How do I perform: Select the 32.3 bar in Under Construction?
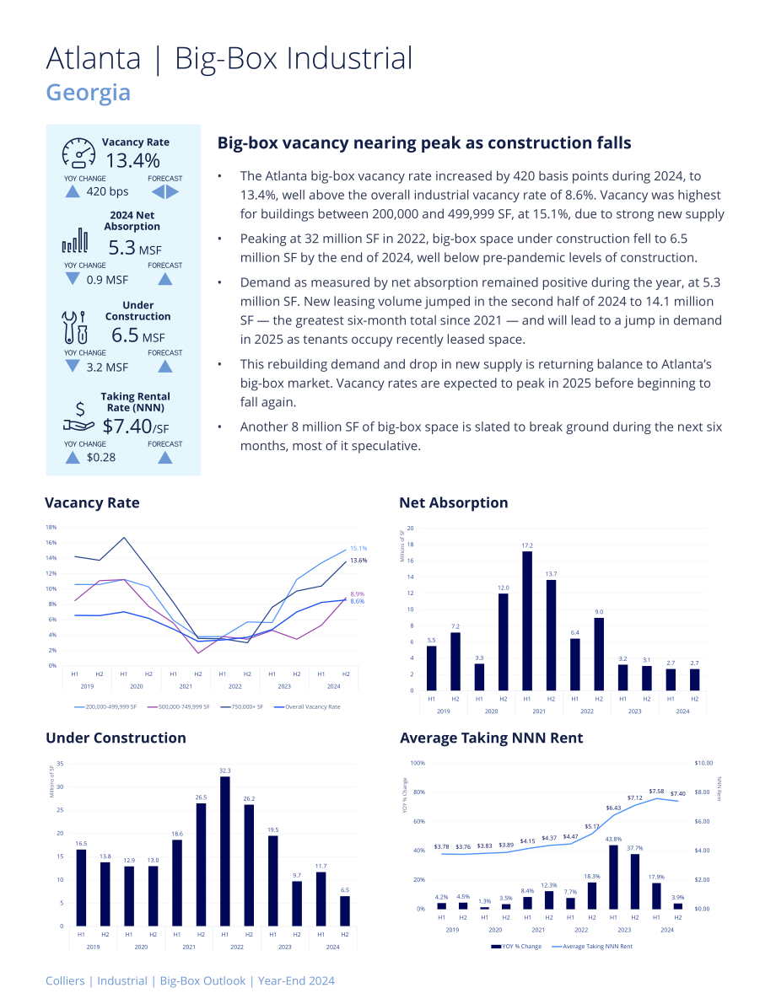(x=225, y=851)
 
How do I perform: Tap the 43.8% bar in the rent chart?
(x=613, y=878)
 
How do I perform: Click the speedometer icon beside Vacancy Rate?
(x=78, y=153)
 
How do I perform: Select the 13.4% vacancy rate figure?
(x=132, y=161)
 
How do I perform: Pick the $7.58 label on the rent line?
(x=656, y=792)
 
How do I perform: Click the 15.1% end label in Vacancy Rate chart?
(x=358, y=548)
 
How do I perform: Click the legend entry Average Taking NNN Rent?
(x=592, y=947)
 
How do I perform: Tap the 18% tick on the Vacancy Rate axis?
(x=51, y=527)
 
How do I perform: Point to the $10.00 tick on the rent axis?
(x=703, y=763)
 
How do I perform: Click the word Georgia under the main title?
(x=89, y=92)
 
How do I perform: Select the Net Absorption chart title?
(x=454, y=502)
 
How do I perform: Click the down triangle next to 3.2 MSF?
(x=73, y=366)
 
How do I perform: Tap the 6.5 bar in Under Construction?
(x=345, y=910)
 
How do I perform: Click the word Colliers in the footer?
(x=65, y=981)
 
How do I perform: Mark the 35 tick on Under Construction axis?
(x=60, y=763)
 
